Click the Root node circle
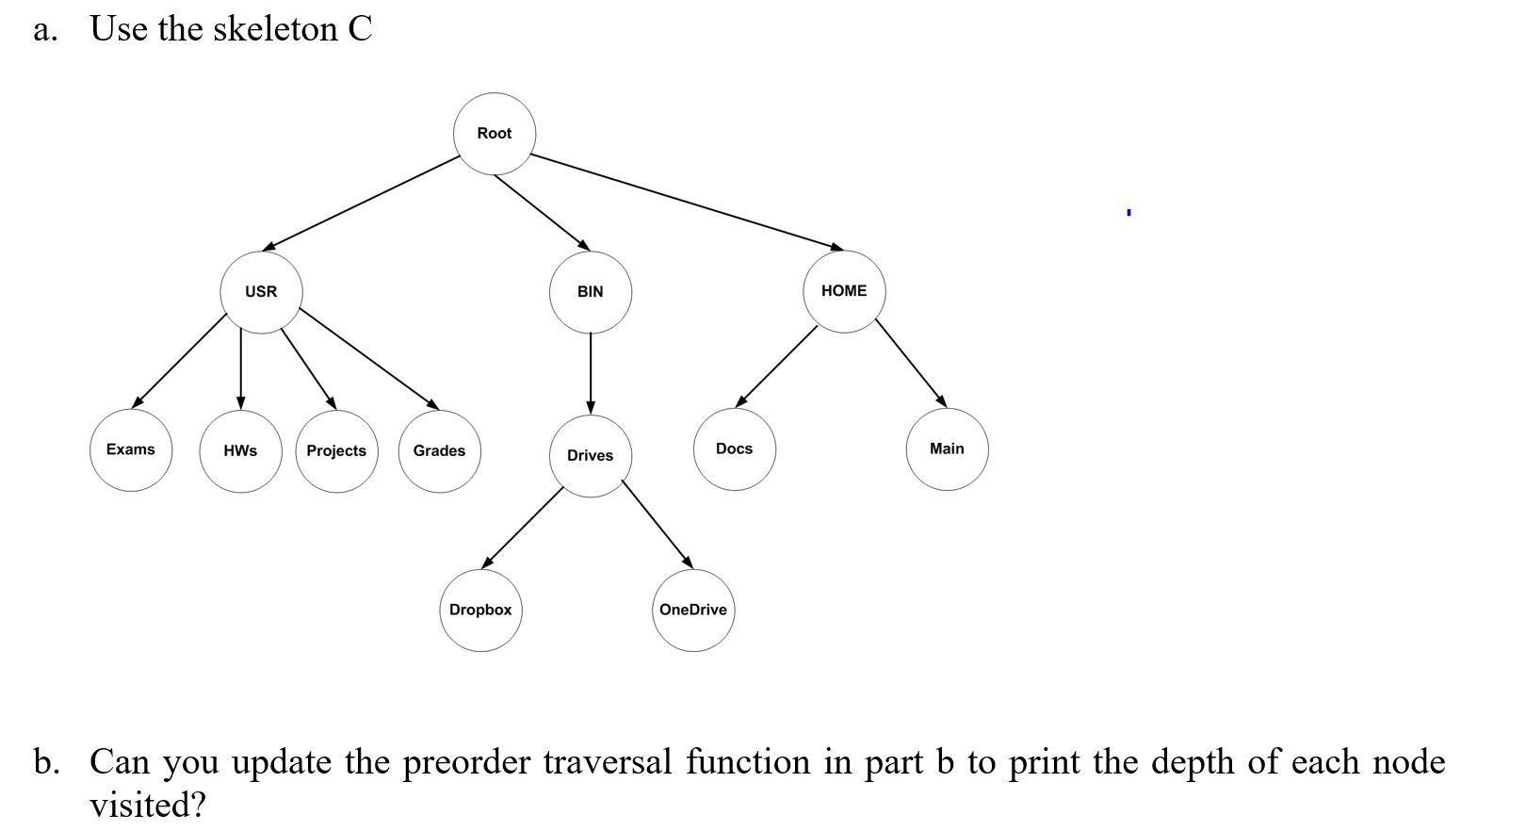(495, 134)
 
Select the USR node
(261, 292)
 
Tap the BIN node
(591, 292)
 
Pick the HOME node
(844, 291)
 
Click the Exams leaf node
(131, 449)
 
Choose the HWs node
(240, 451)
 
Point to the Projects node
(336, 451)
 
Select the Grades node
(439, 451)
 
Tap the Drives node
(591, 456)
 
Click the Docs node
(735, 448)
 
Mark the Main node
(947, 448)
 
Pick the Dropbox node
(480, 611)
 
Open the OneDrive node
(693, 611)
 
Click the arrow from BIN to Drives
(591, 373)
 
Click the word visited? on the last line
(147, 806)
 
